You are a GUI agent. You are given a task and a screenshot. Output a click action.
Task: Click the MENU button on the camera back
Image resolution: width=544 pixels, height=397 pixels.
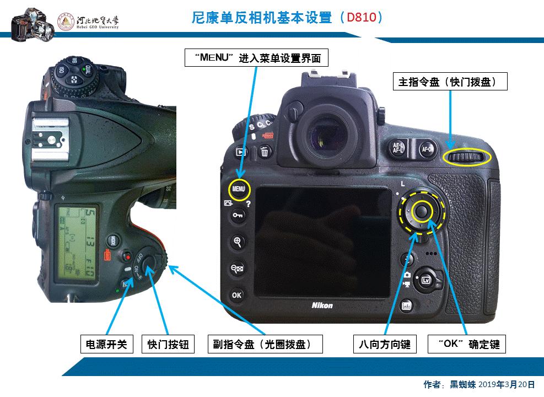click(239, 189)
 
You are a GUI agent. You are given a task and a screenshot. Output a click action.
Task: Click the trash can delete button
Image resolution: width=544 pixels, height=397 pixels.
click(265, 152)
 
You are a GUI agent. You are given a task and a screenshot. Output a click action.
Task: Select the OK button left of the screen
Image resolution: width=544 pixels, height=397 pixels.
click(236, 295)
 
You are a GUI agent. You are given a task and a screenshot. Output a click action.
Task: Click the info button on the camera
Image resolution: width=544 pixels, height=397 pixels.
click(406, 305)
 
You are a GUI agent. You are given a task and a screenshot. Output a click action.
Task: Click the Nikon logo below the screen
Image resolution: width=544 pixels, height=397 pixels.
click(322, 305)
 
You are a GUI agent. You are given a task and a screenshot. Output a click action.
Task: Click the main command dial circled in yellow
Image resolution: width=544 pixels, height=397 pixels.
click(466, 159)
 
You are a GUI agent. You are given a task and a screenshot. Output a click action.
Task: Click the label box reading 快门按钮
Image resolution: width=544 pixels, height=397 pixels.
click(168, 345)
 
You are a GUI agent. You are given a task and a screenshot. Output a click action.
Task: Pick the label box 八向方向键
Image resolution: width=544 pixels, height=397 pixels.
click(385, 345)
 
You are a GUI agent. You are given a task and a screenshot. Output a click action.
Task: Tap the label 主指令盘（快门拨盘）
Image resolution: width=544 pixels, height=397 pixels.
click(449, 82)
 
